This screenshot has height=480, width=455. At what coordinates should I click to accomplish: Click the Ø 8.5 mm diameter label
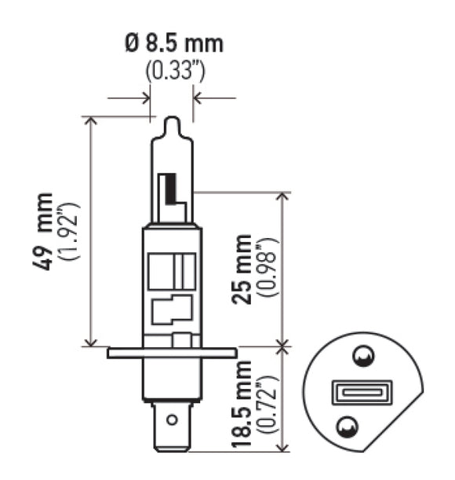click(x=173, y=43)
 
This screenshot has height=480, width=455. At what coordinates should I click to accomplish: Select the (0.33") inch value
click(x=174, y=71)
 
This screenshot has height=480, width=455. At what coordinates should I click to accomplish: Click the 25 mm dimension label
click(x=245, y=268)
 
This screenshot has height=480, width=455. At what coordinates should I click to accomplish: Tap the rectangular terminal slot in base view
click(x=353, y=391)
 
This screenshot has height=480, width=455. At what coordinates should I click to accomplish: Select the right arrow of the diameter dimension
click(x=198, y=99)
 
